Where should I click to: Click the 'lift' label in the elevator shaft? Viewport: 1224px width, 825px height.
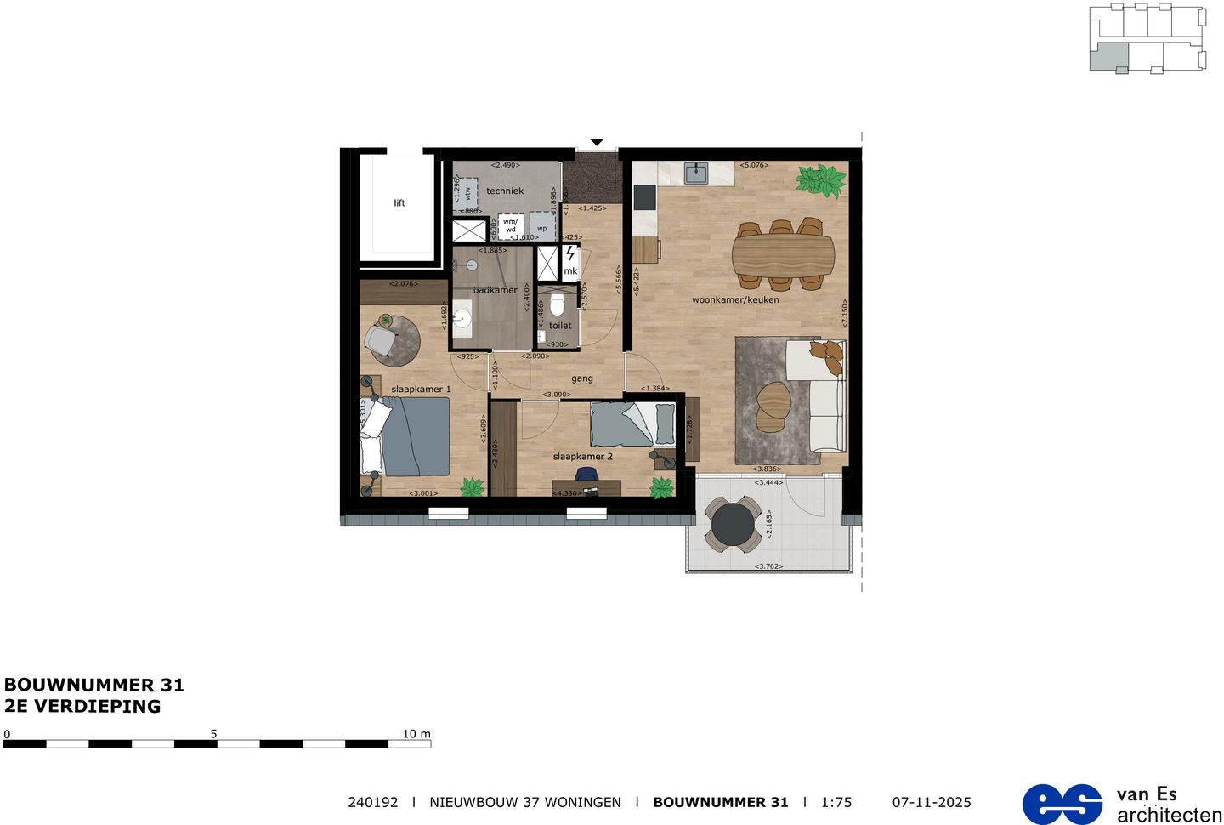tap(399, 203)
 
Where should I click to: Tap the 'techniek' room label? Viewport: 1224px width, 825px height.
tap(505, 191)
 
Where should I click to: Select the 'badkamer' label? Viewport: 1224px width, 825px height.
tap(496, 290)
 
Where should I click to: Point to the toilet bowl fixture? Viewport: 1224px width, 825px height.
tap(558, 304)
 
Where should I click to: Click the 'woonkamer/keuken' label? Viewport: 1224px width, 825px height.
tap(735, 299)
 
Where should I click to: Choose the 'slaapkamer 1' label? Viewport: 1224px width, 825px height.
tap(421, 390)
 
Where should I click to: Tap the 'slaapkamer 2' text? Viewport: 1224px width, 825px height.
tap(582, 457)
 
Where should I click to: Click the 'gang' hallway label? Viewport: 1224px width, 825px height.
tap(582, 378)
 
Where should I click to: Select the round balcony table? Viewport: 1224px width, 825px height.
tap(734, 525)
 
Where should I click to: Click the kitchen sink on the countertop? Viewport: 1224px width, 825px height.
tap(696, 174)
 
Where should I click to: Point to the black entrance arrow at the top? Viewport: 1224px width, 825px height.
tap(597, 142)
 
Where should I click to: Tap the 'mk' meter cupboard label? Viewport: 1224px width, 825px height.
tap(570, 271)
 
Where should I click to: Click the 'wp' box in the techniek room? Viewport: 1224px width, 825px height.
tap(541, 228)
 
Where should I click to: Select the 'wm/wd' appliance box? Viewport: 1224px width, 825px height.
tap(510, 226)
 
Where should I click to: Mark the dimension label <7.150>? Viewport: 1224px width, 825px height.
tap(845, 313)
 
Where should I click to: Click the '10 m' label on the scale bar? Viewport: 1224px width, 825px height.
tap(416, 734)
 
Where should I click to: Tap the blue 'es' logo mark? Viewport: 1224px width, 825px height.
tap(1062, 804)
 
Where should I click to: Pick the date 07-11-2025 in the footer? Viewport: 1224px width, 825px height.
tap(932, 802)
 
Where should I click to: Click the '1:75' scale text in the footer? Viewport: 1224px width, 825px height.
tap(836, 802)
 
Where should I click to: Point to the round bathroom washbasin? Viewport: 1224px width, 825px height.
tap(462, 318)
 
